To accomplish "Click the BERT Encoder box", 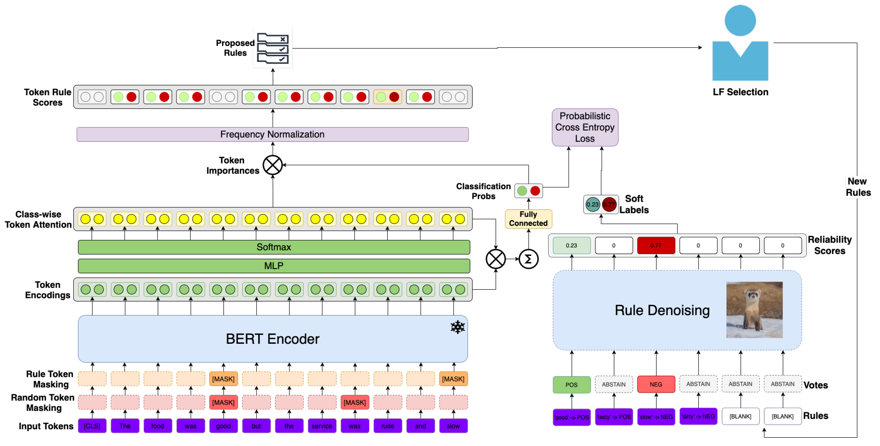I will point(272,339).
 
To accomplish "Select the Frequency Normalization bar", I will point(272,134).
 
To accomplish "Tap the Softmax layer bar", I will point(274,247).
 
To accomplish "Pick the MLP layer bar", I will point(274,266).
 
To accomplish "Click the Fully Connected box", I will point(528,219).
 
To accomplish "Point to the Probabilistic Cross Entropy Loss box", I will point(585,127).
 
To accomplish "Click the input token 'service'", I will point(322,426).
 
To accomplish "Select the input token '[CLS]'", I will point(92,426).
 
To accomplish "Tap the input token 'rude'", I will point(387,426).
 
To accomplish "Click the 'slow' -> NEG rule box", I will point(656,417).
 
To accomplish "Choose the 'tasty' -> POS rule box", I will point(614,417).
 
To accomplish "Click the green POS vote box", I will point(572,384).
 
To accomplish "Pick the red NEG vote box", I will point(656,384).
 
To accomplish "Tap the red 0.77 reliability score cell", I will point(656,245).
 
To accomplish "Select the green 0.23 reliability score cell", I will point(572,245).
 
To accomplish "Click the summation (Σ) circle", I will point(528,259).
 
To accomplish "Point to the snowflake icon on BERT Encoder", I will point(457,327).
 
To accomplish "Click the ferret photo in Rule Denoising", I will point(754,310).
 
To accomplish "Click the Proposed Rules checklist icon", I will point(273,48).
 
